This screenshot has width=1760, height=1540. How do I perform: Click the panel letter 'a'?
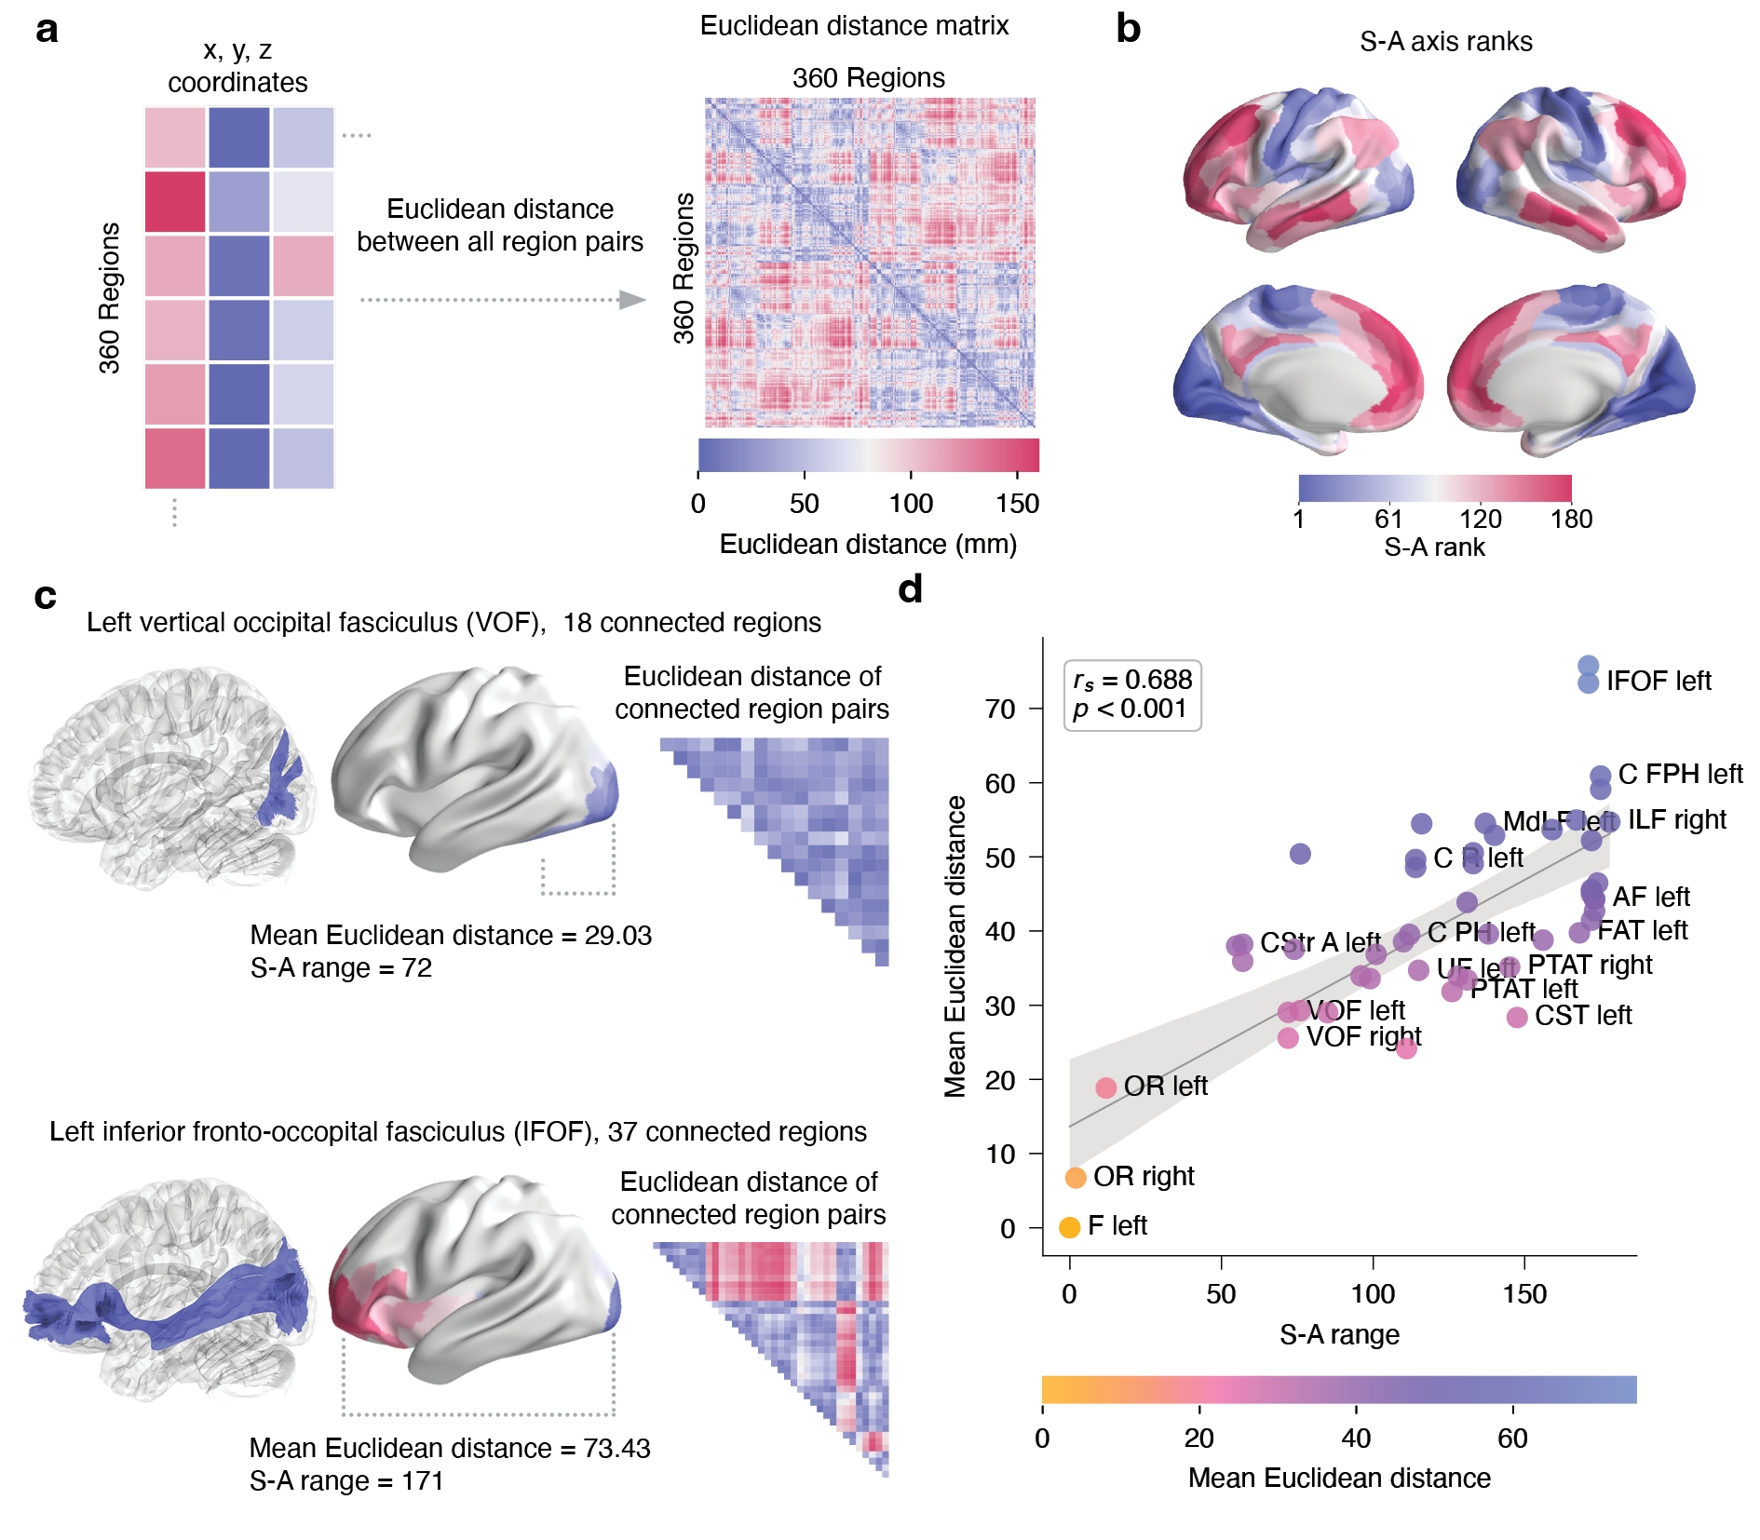pyautogui.click(x=47, y=30)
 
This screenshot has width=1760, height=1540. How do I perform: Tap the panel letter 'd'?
pyautogui.click(x=910, y=589)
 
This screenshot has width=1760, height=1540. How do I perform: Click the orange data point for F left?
pyautogui.click(x=1070, y=1227)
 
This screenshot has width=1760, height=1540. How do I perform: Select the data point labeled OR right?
pyautogui.click(x=1076, y=1178)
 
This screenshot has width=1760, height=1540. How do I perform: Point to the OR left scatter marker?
pyautogui.click(x=1105, y=1087)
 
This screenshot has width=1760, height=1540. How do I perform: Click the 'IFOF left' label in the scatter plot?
pyautogui.click(x=1658, y=682)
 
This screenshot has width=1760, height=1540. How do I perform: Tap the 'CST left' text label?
pyautogui.click(x=1583, y=1016)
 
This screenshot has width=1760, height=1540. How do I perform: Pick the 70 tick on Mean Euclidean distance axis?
pyautogui.click(x=1000, y=709)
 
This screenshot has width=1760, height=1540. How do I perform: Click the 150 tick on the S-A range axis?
pyautogui.click(x=1524, y=1294)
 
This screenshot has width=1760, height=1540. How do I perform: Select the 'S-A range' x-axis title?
pyautogui.click(x=1339, y=1335)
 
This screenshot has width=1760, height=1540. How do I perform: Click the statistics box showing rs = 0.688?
pyautogui.click(x=1132, y=695)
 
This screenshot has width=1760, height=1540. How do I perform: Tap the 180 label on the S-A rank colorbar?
pyautogui.click(x=1571, y=520)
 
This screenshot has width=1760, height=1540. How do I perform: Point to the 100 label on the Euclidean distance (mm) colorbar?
pyautogui.click(x=910, y=505)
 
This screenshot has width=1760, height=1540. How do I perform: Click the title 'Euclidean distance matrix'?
pyautogui.click(x=854, y=26)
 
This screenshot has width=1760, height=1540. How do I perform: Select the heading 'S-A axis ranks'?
pyautogui.click(x=1445, y=42)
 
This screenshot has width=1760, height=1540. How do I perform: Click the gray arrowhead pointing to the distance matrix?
pyautogui.click(x=632, y=300)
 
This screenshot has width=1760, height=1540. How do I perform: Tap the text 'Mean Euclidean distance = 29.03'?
pyautogui.click(x=451, y=936)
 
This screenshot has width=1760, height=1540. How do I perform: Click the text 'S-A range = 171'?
pyautogui.click(x=346, y=1481)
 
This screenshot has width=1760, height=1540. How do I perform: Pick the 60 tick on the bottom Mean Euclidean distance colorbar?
pyautogui.click(x=1512, y=1439)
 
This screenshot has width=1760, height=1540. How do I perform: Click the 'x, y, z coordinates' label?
pyautogui.click(x=237, y=66)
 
